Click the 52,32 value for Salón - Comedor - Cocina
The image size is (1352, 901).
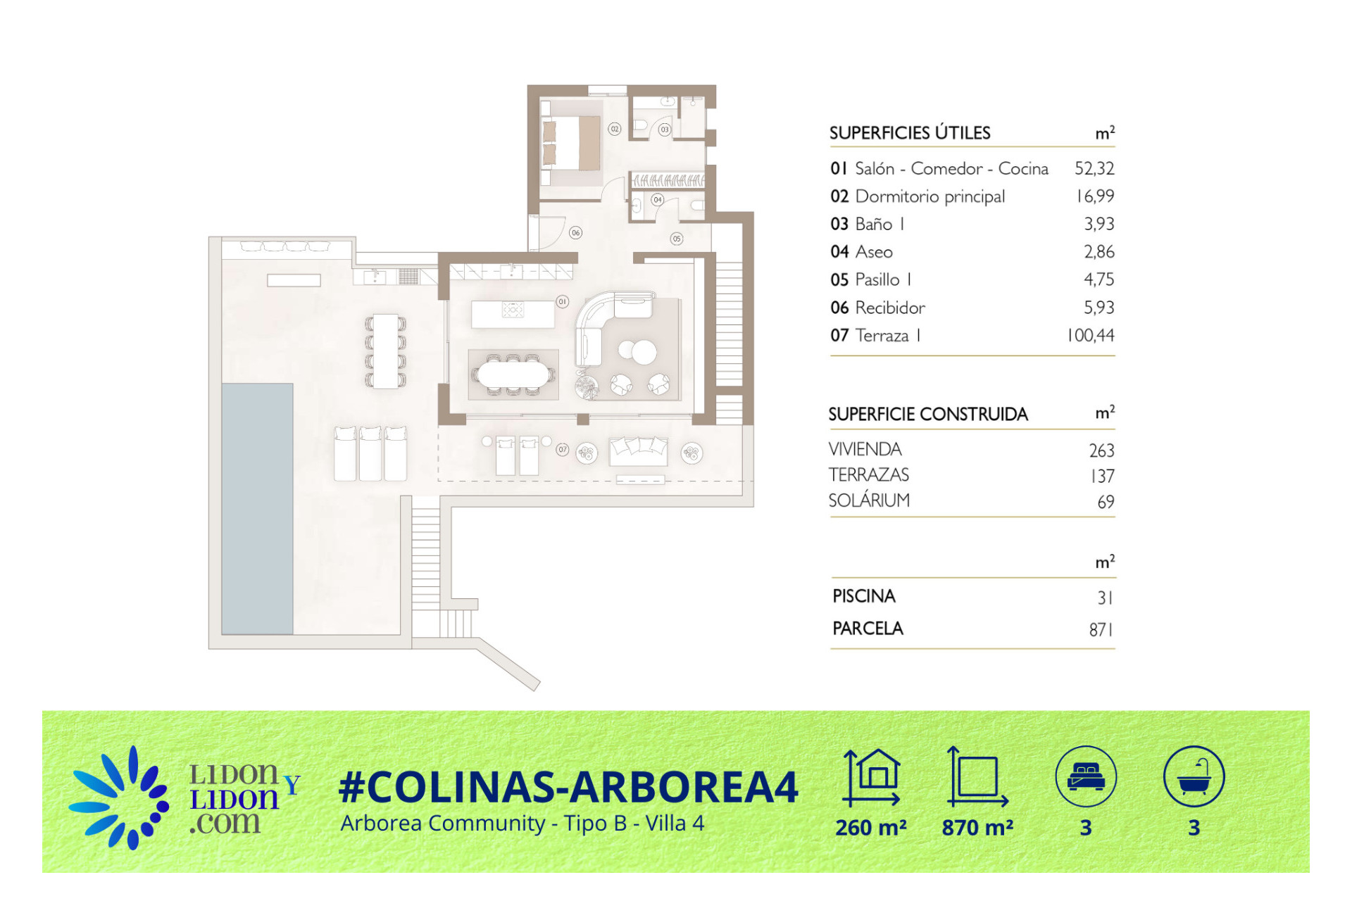click(x=1094, y=168)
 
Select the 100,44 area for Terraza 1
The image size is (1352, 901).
click(x=1091, y=335)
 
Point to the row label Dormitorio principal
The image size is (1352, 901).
click(x=930, y=196)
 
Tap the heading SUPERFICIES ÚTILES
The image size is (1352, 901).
click(x=910, y=132)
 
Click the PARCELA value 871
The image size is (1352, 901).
click(x=1101, y=629)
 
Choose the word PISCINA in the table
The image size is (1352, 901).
click(x=864, y=596)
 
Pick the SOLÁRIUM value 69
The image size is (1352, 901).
click(x=1106, y=502)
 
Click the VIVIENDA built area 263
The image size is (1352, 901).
click(x=1101, y=450)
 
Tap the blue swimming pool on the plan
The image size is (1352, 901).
click(x=257, y=508)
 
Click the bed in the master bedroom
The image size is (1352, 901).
click(x=570, y=143)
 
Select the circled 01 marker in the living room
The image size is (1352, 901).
click(x=562, y=301)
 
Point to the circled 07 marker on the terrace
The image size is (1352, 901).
click(x=562, y=449)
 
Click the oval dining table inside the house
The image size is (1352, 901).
click(x=513, y=374)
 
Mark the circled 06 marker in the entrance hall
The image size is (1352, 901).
click(x=576, y=232)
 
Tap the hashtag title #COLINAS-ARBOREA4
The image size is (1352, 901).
click(x=568, y=786)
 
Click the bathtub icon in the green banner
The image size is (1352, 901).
click(x=1194, y=776)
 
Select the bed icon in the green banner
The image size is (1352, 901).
click(x=1086, y=776)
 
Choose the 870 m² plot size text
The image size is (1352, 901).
click(x=977, y=828)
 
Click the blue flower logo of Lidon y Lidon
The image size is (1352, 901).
click(x=120, y=798)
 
